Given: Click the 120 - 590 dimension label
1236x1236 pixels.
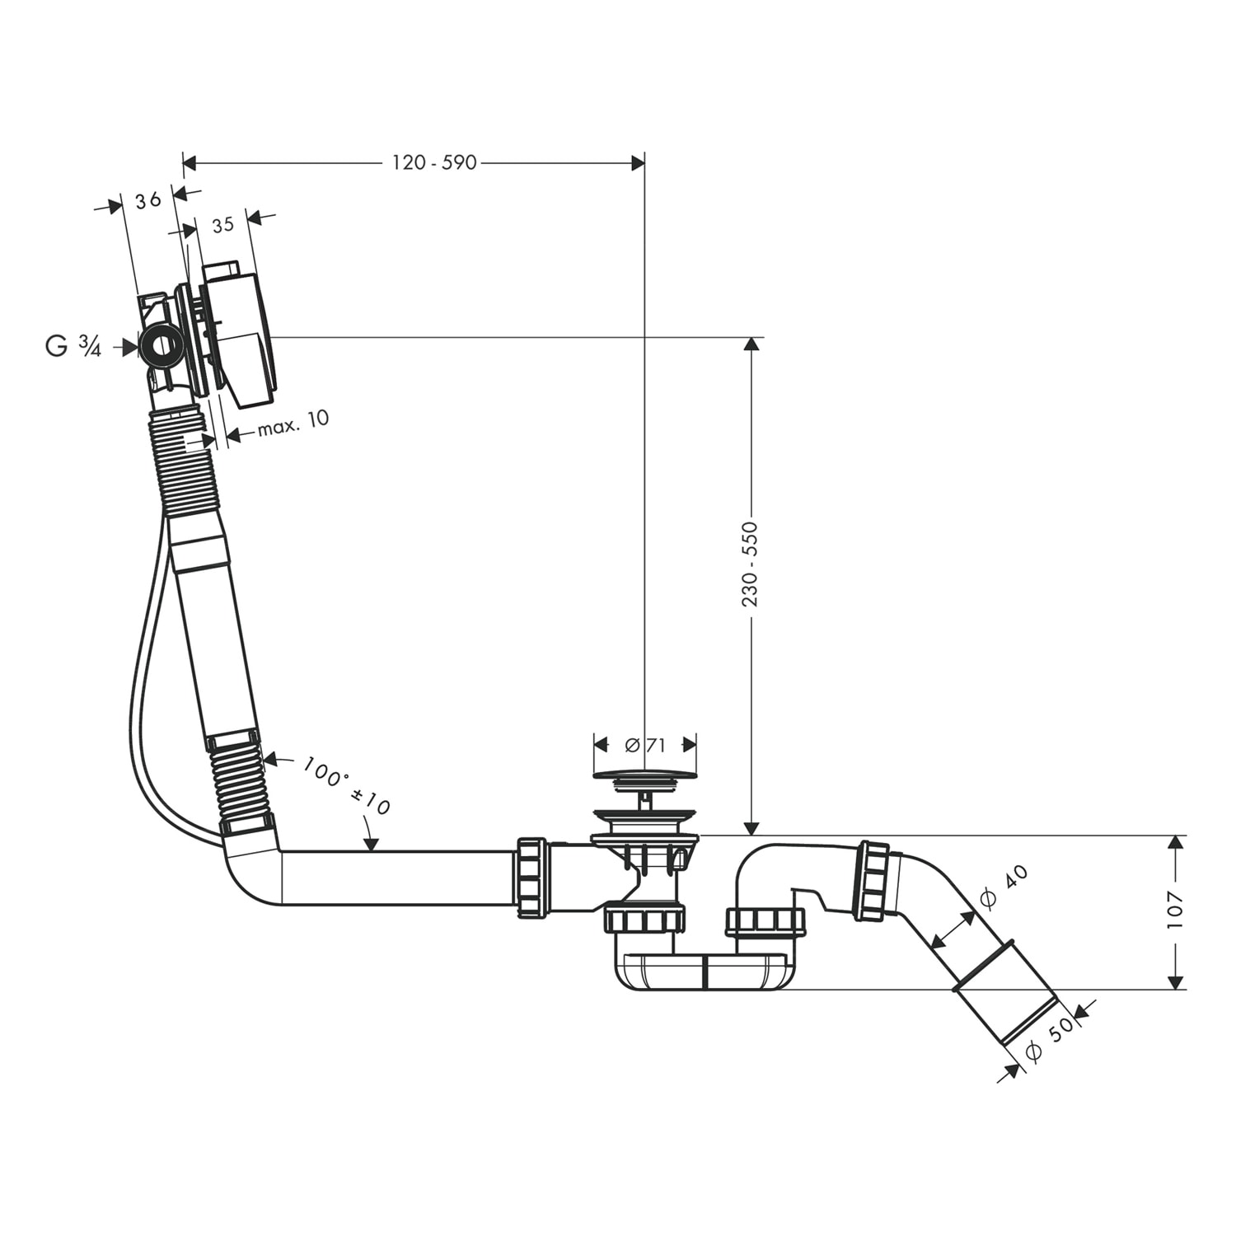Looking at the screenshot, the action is tap(434, 163).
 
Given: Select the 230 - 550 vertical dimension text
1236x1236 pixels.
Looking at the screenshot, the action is tap(750, 564).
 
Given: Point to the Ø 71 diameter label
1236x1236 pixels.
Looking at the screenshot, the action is tap(645, 745).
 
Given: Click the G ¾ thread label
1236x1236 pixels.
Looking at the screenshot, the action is tap(73, 347).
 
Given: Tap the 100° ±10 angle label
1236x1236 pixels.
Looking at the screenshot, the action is tap(346, 786).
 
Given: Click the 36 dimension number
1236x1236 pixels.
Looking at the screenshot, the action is tap(147, 200).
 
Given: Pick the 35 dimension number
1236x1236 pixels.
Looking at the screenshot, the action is tap(222, 224).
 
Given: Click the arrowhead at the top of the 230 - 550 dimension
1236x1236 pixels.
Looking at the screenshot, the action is tap(750, 344).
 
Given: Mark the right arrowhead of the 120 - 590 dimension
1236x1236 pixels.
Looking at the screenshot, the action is tap(637, 163).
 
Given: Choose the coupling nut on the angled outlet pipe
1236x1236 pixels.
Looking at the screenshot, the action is tap(874, 880).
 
